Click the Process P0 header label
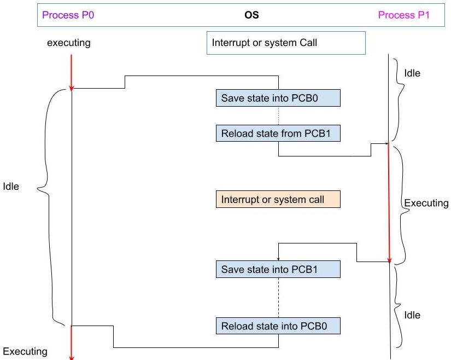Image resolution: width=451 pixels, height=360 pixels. [68, 15]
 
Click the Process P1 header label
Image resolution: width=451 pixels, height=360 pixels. [404, 15]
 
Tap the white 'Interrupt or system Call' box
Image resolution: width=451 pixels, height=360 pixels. [285, 43]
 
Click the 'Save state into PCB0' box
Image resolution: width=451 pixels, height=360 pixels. [278, 98]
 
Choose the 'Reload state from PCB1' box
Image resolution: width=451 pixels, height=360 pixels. [278, 132]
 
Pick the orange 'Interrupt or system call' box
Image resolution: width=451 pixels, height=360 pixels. [278, 199]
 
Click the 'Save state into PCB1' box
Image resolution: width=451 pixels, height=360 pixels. [278, 269]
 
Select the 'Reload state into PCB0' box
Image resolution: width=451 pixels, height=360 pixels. [278, 326]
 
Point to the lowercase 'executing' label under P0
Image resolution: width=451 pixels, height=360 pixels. [68, 43]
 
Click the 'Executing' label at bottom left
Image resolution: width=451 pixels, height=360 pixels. [25, 351]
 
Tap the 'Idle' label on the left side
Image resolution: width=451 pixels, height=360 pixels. [11, 187]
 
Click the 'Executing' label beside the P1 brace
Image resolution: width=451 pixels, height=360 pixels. [426, 203]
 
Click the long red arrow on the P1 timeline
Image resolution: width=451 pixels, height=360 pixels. [389, 202]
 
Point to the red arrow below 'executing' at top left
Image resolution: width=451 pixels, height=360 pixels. [71, 71]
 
